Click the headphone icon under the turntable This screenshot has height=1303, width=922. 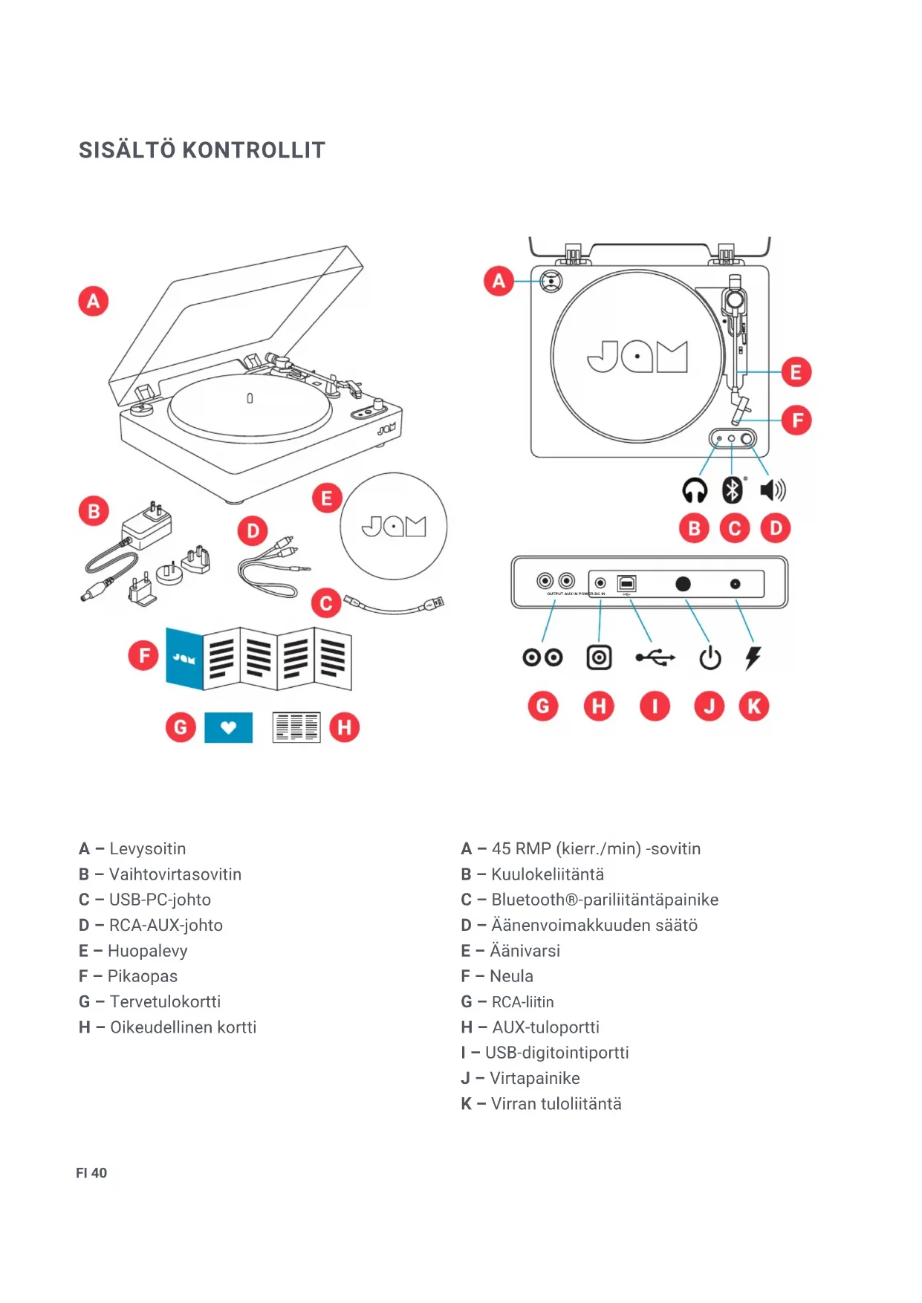click(695, 490)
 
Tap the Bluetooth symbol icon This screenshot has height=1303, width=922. click(733, 490)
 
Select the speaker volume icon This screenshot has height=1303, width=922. click(773, 490)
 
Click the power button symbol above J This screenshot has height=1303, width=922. click(710, 657)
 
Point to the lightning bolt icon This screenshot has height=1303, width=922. click(753, 657)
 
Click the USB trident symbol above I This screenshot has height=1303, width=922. click(655, 657)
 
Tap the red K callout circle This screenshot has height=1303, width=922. click(753, 706)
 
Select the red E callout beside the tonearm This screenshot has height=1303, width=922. click(796, 372)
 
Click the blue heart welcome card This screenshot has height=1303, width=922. click(228, 727)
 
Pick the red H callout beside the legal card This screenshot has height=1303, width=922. click(344, 727)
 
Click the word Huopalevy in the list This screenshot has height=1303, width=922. click(148, 951)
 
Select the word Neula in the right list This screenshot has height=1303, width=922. click(511, 976)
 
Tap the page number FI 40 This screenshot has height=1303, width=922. click(91, 1173)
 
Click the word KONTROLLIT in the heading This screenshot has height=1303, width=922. click(254, 150)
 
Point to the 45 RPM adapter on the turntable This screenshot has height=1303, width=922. click(551, 281)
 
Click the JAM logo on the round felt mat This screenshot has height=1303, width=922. click(394, 527)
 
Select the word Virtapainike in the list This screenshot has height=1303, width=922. click(535, 1078)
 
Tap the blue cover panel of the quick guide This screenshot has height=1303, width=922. click(184, 658)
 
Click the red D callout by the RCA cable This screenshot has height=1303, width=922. click(253, 531)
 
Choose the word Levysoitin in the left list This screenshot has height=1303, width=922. click(147, 848)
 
